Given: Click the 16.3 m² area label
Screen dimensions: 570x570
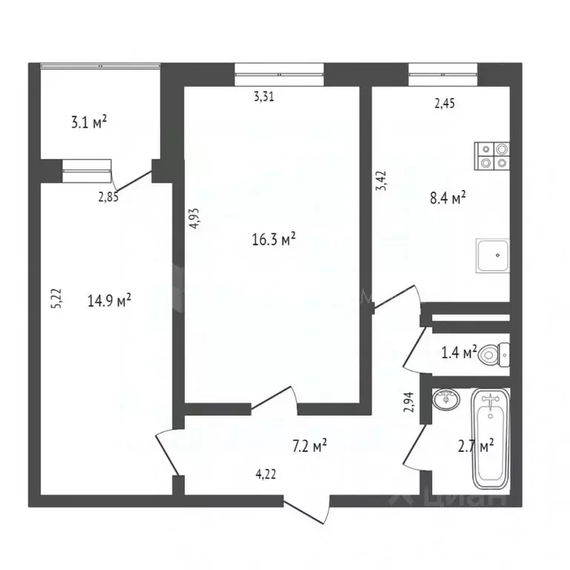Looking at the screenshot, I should click(x=275, y=238).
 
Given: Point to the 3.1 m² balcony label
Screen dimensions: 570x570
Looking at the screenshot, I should click(x=89, y=122).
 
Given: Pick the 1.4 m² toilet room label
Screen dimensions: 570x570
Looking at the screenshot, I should click(x=459, y=353).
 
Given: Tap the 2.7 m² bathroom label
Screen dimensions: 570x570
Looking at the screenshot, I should click(x=476, y=446).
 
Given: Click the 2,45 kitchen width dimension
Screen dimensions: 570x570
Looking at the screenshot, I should click(x=445, y=104).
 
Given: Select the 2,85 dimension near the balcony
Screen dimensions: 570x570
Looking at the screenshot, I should click(x=108, y=196).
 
